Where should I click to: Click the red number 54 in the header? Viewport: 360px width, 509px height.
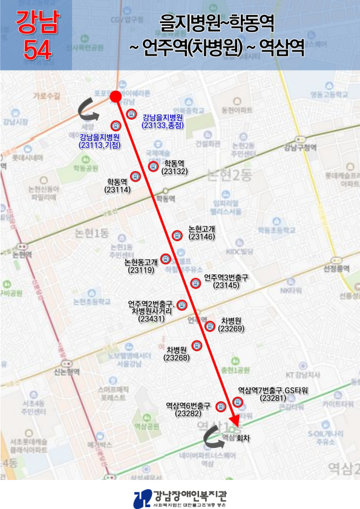click(x=37, y=50)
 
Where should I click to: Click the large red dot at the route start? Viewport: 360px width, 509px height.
click(x=116, y=96)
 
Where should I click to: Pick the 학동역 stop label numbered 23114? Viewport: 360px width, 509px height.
click(x=117, y=186)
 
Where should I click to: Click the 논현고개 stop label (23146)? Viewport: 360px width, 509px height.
click(x=201, y=233)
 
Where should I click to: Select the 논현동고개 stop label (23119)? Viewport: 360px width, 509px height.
click(x=141, y=266)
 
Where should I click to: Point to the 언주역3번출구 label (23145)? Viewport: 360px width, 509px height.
click(x=226, y=281)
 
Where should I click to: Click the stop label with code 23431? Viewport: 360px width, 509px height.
click(x=151, y=311)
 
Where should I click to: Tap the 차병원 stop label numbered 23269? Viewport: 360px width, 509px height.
click(x=231, y=325)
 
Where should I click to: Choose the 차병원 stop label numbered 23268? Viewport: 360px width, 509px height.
click(x=177, y=354)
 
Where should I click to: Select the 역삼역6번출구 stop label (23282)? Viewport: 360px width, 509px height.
click(x=188, y=409)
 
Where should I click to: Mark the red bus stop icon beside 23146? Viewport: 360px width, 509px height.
click(x=177, y=235)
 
